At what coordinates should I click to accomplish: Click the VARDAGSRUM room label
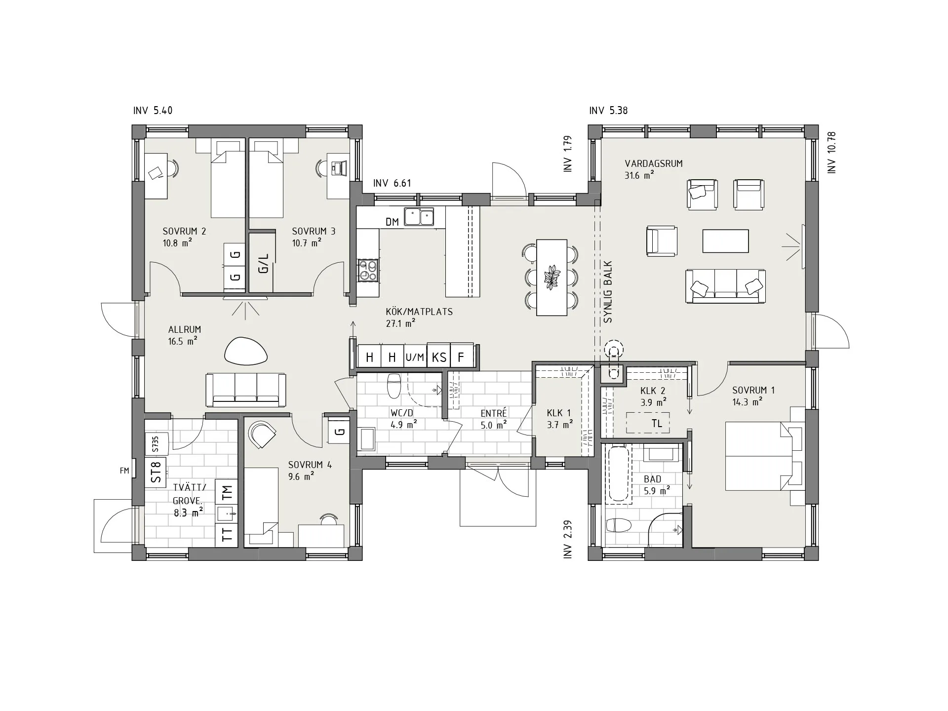point(654,163)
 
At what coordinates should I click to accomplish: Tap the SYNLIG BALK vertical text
point(608,292)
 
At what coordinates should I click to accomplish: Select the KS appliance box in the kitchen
point(439,356)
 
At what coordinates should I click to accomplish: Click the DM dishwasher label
point(392,222)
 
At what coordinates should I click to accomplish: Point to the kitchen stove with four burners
point(368,270)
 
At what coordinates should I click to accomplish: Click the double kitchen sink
point(419,216)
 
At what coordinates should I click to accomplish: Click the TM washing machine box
point(227,492)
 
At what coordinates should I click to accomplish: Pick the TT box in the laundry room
point(227,535)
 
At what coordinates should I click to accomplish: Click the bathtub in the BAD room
point(618,474)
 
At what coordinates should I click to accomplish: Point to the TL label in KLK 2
point(657,424)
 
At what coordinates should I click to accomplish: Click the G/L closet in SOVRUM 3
point(264,263)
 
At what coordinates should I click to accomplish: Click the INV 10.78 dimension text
point(832,152)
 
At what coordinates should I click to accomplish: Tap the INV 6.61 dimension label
point(392,183)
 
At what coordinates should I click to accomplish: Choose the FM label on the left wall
point(124,471)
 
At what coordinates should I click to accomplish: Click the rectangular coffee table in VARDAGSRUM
point(725,241)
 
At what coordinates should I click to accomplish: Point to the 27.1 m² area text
point(400,323)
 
